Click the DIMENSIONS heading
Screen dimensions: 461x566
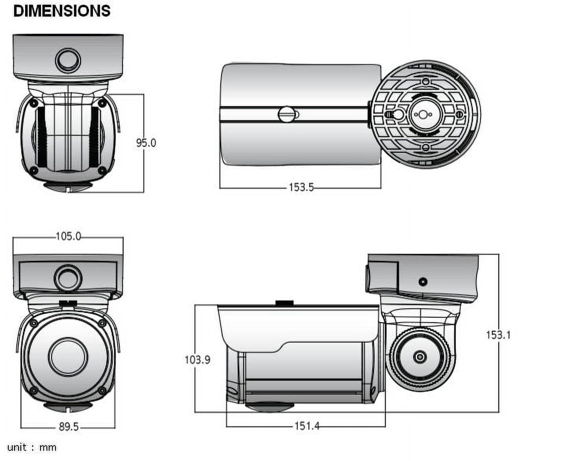(62, 11)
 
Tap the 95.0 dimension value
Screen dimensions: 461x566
(146, 143)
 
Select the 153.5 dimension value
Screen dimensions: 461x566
(301, 187)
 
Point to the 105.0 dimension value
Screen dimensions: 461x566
(68, 236)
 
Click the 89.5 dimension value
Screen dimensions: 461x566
(68, 426)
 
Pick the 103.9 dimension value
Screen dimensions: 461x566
(197, 359)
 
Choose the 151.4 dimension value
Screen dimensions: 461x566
(307, 426)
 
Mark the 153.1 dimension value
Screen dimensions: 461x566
(498, 335)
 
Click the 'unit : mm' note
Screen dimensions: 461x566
(32, 447)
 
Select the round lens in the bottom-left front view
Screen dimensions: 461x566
(68, 357)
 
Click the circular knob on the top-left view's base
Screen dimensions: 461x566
(68, 60)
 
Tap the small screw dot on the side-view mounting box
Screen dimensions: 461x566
(423, 282)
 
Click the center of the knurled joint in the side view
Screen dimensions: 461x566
(420, 357)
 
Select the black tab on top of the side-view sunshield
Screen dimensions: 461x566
(285, 303)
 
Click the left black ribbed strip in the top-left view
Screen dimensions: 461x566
(41, 137)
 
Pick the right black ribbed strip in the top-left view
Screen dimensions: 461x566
(94, 137)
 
